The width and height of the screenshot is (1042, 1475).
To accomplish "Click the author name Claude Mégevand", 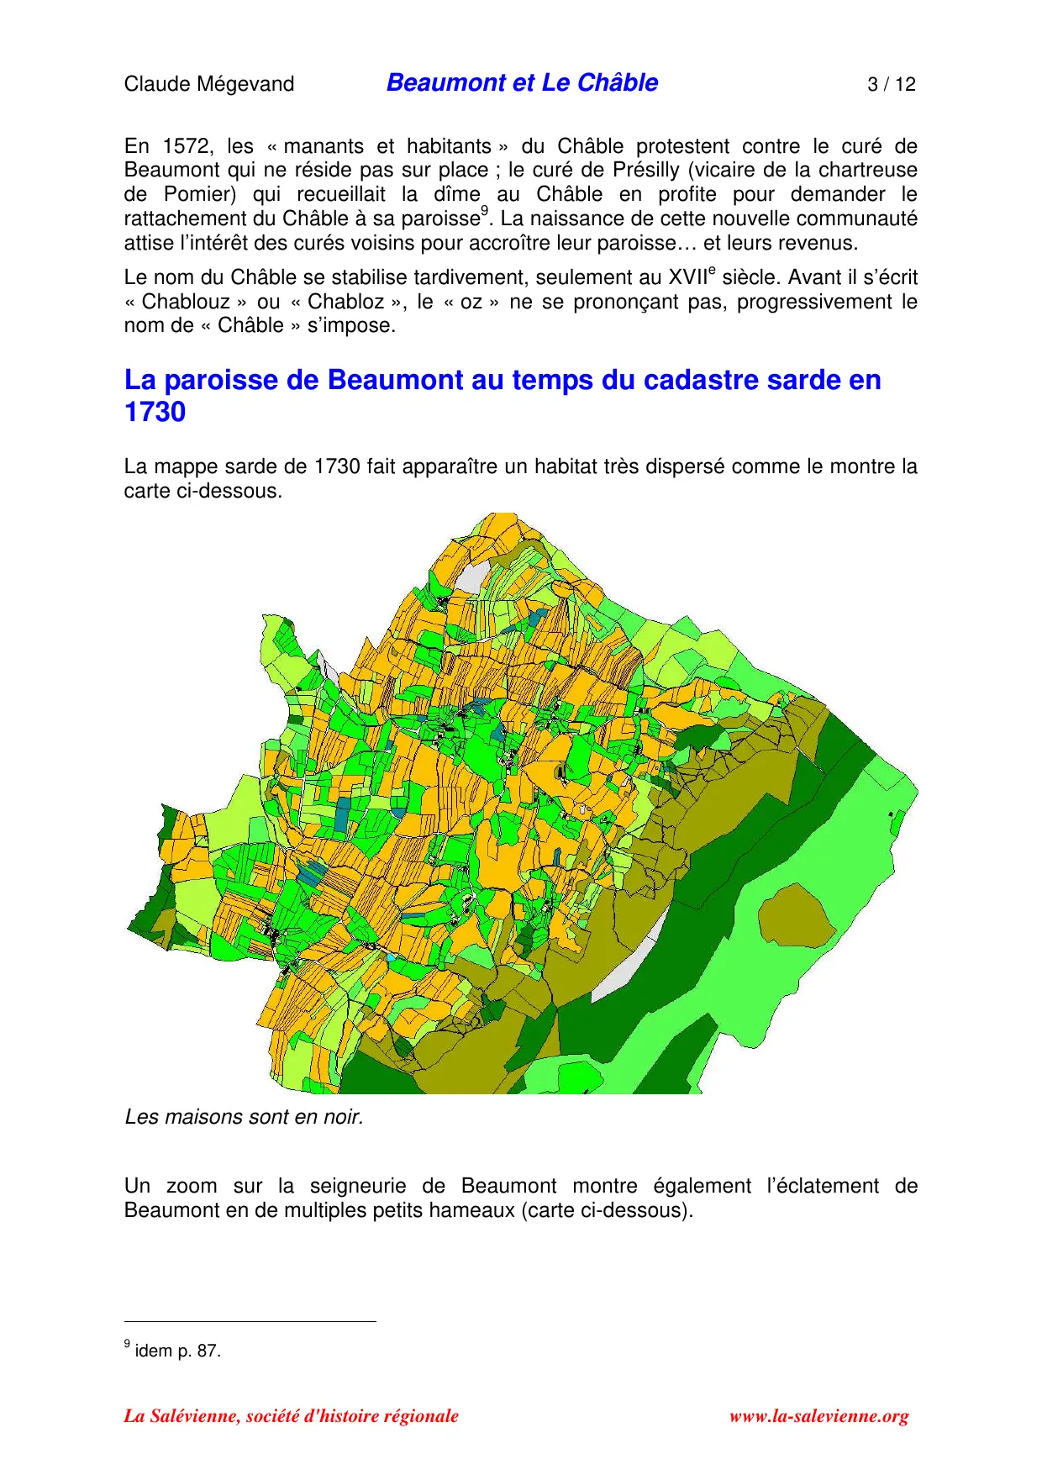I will pyautogui.click(x=208, y=84).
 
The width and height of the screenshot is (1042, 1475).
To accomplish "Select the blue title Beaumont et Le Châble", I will pyautogui.click(x=522, y=82).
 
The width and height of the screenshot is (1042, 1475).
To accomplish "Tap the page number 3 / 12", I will pyautogui.click(x=891, y=84).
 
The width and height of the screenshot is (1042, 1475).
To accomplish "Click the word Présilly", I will pyautogui.click(x=645, y=170).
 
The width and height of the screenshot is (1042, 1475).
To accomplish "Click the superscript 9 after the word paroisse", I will pyautogui.click(x=484, y=212).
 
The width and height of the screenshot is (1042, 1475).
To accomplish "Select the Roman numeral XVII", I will pyautogui.click(x=687, y=277).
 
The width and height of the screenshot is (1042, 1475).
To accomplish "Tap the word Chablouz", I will pyautogui.click(x=186, y=302).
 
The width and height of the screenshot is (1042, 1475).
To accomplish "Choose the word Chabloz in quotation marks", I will pyautogui.click(x=345, y=302).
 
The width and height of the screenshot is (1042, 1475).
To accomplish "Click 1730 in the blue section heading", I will pyautogui.click(x=155, y=413).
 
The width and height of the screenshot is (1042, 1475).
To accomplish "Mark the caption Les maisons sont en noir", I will pyautogui.click(x=244, y=1117).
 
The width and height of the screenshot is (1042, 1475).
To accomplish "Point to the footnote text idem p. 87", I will pyautogui.click(x=177, y=1351).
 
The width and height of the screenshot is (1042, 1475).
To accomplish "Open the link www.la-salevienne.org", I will pyautogui.click(x=818, y=1416).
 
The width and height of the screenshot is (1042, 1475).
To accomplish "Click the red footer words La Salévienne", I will pyautogui.click(x=182, y=1416).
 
